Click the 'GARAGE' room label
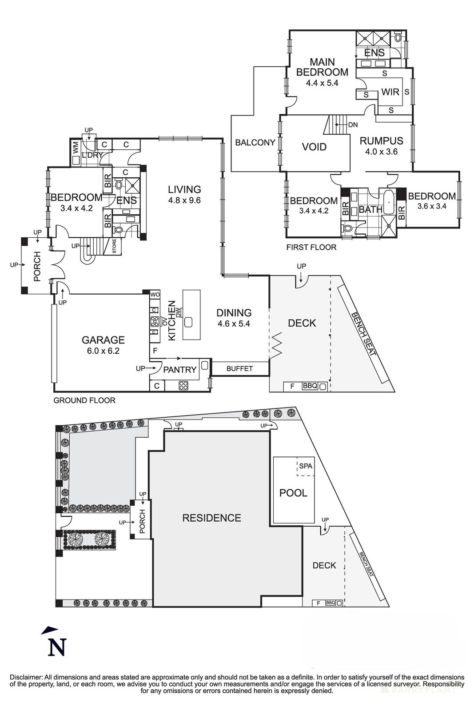(103, 340)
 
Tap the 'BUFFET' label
(239, 368)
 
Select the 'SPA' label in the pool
(306, 466)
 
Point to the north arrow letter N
(57, 647)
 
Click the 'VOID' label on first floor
(314, 147)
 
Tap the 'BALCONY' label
(255, 142)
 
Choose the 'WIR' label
(390, 92)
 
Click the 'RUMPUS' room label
(381, 141)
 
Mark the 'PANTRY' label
(180, 369)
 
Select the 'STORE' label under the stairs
(114, 246)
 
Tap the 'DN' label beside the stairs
(353, 125)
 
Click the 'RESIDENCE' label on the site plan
(211, 518)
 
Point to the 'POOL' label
(293, 493)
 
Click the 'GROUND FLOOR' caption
(84, 400)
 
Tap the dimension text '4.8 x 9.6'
(184, 200)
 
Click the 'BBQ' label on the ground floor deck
(310, 386)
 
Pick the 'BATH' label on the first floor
(370, 209)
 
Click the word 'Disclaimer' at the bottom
(26, 677)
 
